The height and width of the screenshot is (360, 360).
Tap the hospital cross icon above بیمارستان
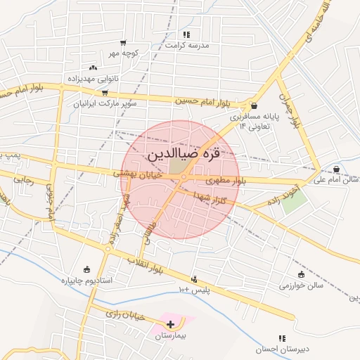pos(171,324)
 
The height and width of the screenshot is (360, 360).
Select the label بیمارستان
pos(172,337)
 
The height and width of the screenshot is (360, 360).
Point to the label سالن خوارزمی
pos(300,286)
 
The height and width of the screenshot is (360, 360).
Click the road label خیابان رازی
pos(124,314)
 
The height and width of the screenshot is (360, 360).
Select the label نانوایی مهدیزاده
pos(93,79)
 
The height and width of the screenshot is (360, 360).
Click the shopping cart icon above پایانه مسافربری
pos(254,105)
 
